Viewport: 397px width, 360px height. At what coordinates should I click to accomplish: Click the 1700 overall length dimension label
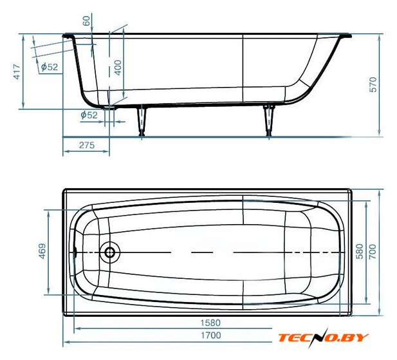pyautogui.click(x=210, y=335)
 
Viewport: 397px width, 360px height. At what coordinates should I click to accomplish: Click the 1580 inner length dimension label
pyautogui.click(x=210, y=323)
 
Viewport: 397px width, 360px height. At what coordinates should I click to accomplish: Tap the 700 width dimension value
pyautogui.click(x=373, y=252)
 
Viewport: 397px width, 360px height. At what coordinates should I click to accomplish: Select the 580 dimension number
pyautogui.click(x=359, y=251)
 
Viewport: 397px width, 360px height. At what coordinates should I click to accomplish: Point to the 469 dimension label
pyautogui.click(x=42, y=251)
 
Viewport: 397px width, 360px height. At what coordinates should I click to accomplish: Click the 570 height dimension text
pyautogui.click(x=373, y=84)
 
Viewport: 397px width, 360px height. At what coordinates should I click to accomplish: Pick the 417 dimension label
pyautogui.click(x=17, y=72)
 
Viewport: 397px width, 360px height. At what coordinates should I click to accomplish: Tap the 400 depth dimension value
pyautogui.click(x=118, y=68)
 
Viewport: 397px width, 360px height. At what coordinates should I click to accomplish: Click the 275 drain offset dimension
pyautogui.click(x=87, y=145)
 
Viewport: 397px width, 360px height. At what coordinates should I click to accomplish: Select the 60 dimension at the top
pyautogui.click(x=86, y=21)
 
